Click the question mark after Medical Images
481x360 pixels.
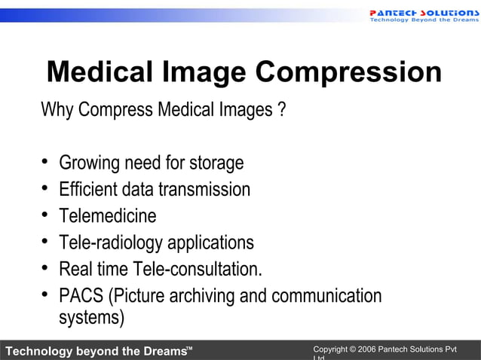pos(281,110)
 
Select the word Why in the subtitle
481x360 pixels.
pos(57,110)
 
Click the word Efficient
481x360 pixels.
pos(86,189)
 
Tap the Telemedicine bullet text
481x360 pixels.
pos(108,216)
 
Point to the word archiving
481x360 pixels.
pos(201,296)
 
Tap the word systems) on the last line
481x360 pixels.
pos(91,318)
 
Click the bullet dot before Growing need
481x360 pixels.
pos(45,163)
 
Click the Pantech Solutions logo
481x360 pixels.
pos(423,15)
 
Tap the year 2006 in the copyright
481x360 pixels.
pos(366,350)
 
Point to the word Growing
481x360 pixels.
pos(87,163)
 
